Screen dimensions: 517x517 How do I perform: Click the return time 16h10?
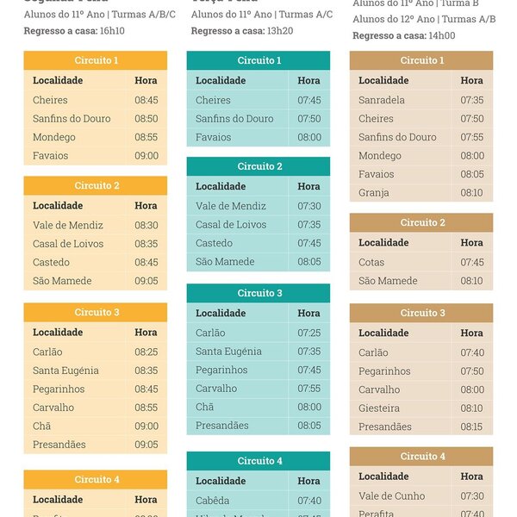(x=112, y=30)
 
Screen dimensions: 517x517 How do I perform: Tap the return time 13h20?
(x=279, y=30)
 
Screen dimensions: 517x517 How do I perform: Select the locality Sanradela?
(x=382, y=100)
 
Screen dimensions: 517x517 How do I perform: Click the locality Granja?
(x=374, y=193)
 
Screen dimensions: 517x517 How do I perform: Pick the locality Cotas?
(x=371, y=262)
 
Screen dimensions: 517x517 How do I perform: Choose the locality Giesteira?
(x=379, y=408)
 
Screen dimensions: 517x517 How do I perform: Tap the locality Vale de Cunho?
(x=392, y=495)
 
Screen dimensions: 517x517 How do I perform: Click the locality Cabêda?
(x=212, y=501)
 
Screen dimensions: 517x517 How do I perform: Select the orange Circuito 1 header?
(x=96, y=60)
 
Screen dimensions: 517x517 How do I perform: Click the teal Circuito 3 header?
(x=258, y=293)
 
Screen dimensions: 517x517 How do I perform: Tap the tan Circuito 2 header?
(x=421, y=222)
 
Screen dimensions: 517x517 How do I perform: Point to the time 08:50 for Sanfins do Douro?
(x=146, y=119)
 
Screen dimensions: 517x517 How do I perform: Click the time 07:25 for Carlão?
(x=308, y=333)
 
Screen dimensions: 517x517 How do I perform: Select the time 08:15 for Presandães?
(x=472, y=427)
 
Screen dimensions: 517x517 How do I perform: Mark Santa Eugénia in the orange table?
(x=65, y=371)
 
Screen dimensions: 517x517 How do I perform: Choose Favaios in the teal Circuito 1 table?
(x=213, y=137)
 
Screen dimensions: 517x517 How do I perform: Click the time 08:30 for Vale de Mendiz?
(x=146, y=225)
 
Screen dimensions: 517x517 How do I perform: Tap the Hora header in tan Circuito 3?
(x=472, y=333)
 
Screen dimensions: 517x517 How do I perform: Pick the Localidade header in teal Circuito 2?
(x=221, y=186)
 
